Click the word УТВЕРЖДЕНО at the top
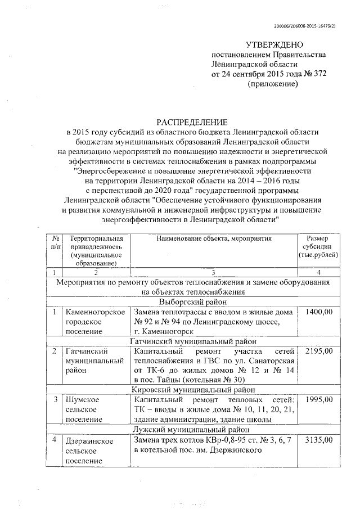pos(275,45)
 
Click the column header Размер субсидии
pos(319,246)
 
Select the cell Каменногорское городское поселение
pos(93,321)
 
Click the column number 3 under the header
pos(213,272)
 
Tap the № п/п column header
pos(55,242)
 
